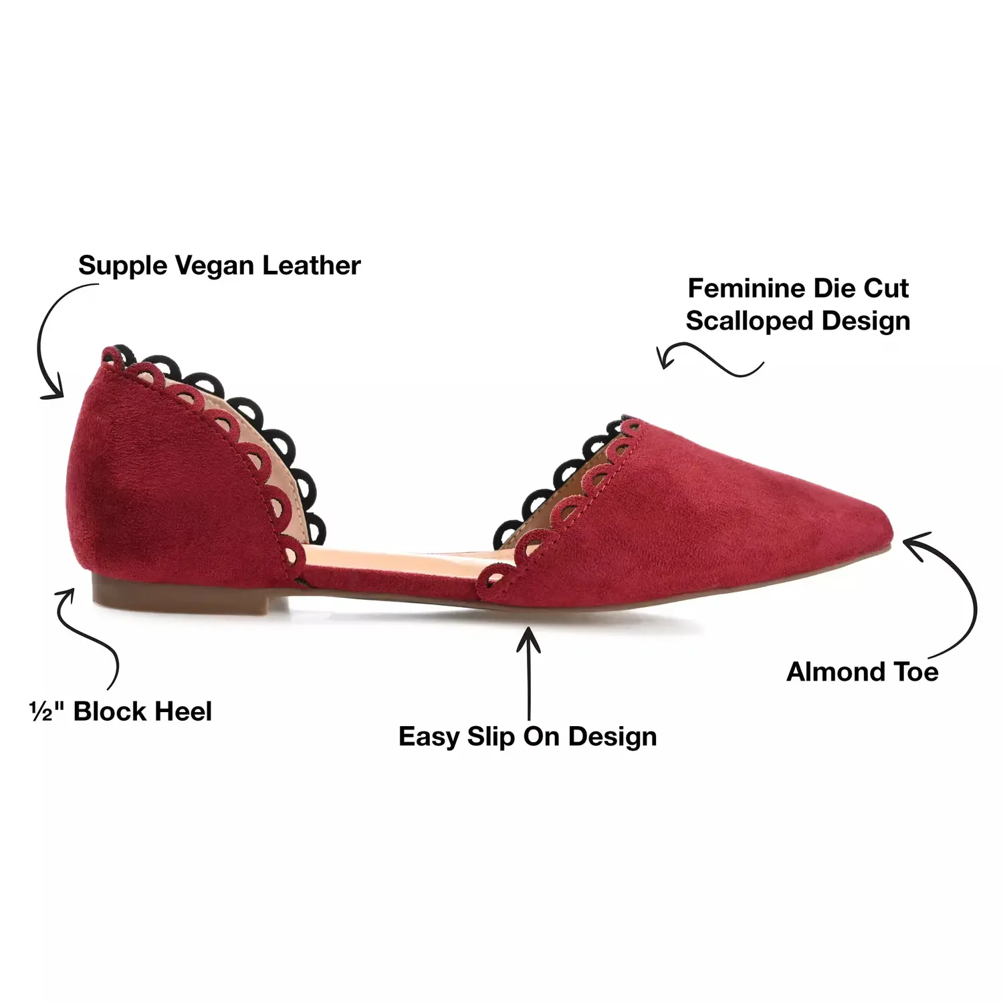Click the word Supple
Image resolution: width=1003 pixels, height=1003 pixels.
click(122, 267)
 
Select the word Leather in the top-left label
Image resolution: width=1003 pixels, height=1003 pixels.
click(311, 265)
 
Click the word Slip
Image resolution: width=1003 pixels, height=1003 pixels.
click(491, 737)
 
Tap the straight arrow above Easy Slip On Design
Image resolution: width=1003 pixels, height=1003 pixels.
click(530, 673)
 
